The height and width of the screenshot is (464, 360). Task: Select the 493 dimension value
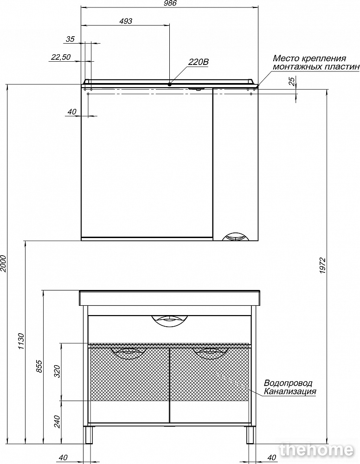(x=126, y=21)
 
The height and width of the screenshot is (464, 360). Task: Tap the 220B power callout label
(x=199, y=62)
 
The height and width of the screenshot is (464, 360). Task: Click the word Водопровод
(x=288, y=383)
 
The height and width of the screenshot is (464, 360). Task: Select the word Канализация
(x=290, y=392)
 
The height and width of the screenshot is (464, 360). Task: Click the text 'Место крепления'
(x=309, y=58)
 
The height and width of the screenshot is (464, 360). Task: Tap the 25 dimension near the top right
(x=291, y=82)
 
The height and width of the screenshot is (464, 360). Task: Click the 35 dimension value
(x=70, y=39)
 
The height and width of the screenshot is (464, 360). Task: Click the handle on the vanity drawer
(x=169, y=320)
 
